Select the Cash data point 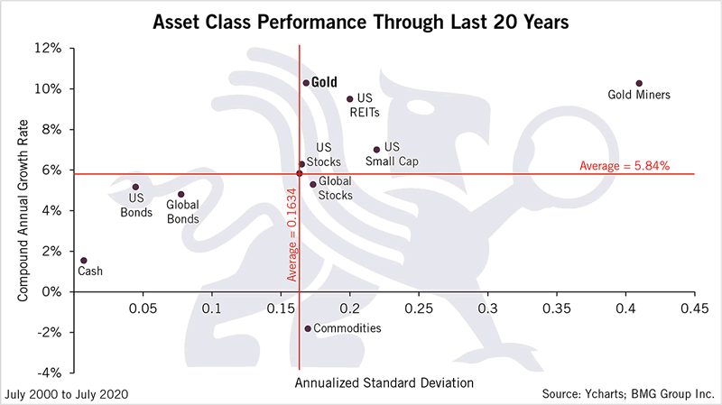point(83,261)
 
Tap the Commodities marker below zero point(308,328)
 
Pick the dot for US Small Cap point(376,150)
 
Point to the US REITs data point point(349,99)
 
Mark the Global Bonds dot point(180,194)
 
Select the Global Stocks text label point(336,187)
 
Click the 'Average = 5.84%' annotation point(624,165)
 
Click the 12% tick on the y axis point(48,49)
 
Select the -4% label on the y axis point(47,373)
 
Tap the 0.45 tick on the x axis point(692,308)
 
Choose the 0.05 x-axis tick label point(143,308)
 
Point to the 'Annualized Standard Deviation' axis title point(384,382)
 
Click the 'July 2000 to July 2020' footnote point(66,394)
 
